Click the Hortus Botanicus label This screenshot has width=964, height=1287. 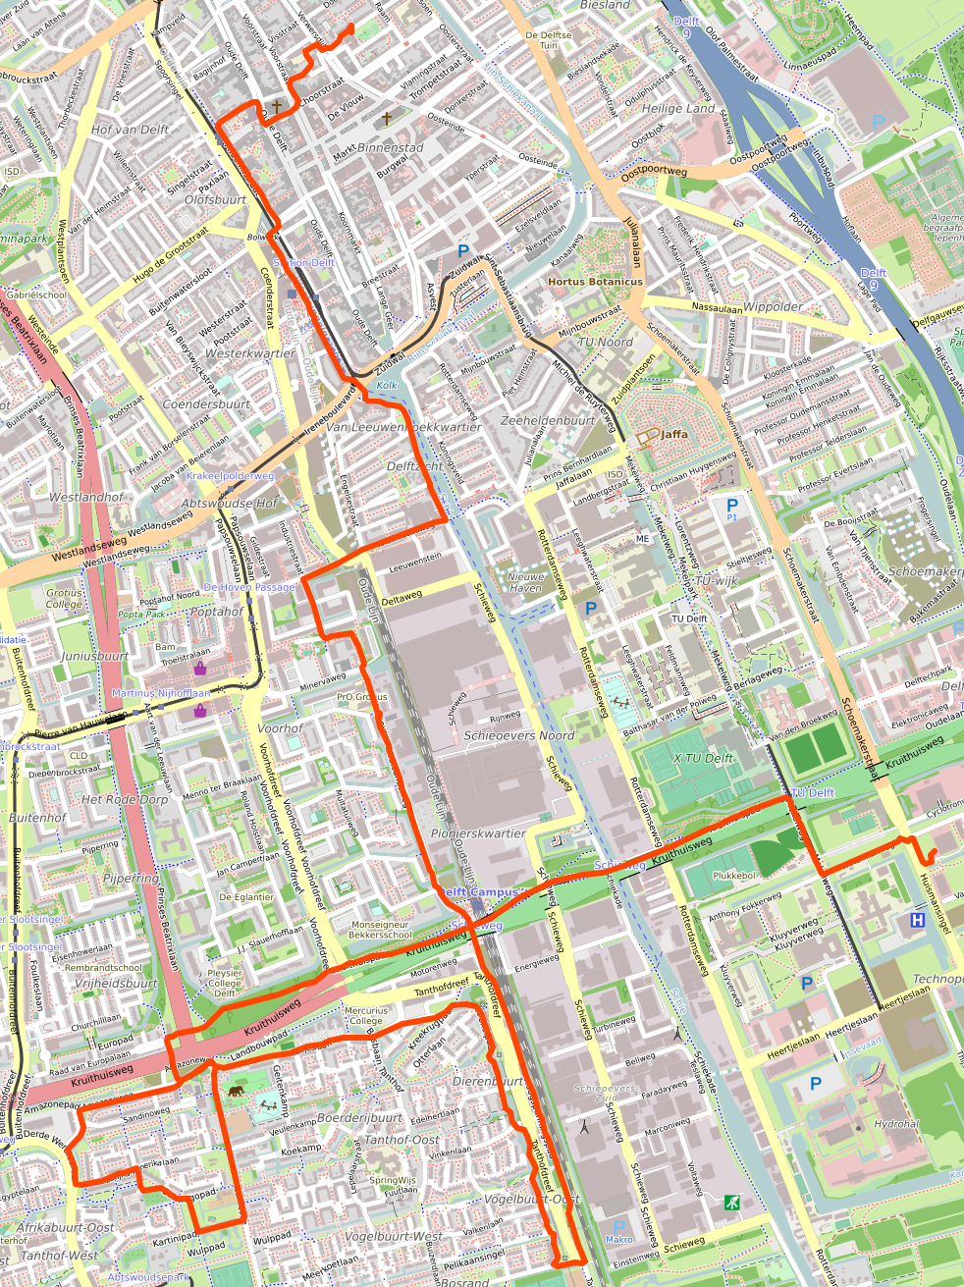[595, 282]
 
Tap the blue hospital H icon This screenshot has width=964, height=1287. [917, 920]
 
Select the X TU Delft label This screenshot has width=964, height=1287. [703, 758]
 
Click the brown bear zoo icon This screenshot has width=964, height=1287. [237, 1091]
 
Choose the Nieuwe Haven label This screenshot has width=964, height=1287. [525, 583]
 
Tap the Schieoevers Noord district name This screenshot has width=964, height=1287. [518, 735]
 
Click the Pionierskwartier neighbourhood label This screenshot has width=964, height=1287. [478, 833]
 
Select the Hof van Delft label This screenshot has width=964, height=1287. [130, 130]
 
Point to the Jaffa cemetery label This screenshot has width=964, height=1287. [673, 434]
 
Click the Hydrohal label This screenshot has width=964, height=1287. [895, 1124]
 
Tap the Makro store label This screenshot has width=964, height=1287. [618, 1239]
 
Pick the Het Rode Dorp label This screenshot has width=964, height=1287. [125, 799]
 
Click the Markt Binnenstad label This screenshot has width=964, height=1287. [378, 149]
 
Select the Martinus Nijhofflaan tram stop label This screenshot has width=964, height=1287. [161, 693]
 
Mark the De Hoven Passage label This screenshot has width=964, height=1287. [248, 587]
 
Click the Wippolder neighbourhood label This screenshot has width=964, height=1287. [773, 306]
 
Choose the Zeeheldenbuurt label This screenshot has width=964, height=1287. [547, 420]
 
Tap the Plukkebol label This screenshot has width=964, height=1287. [733, 875]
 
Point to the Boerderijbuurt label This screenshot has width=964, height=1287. [359, 1118]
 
